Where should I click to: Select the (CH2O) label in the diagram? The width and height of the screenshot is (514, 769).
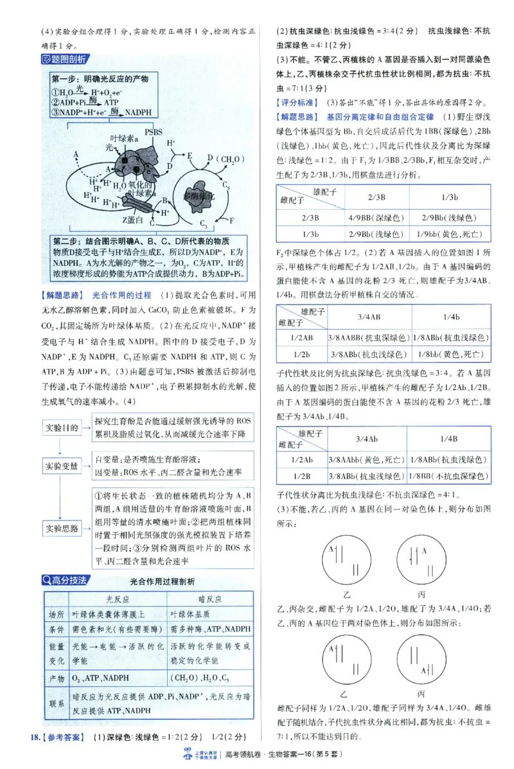220,157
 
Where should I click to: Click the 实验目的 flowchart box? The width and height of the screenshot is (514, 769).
62,428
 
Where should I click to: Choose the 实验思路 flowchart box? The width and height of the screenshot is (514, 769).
62,528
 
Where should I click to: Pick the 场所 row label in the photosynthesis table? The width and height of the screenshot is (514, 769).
56,615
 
